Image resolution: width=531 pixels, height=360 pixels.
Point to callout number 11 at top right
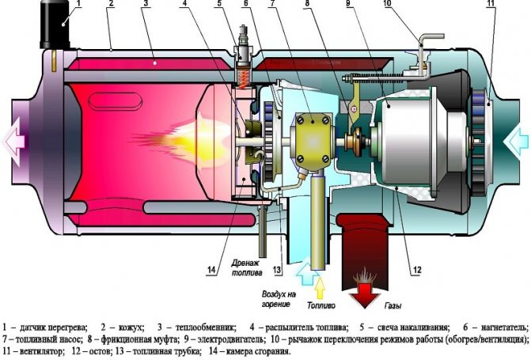(491, 5)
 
